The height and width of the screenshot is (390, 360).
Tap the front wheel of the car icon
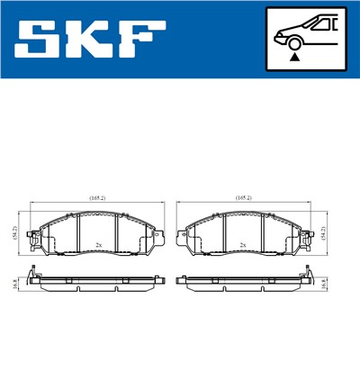point(293,40)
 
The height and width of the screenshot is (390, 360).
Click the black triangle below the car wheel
point(293,56)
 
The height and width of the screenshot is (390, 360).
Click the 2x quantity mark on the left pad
point(98,245)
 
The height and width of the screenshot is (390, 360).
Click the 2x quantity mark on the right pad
point(242,245)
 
